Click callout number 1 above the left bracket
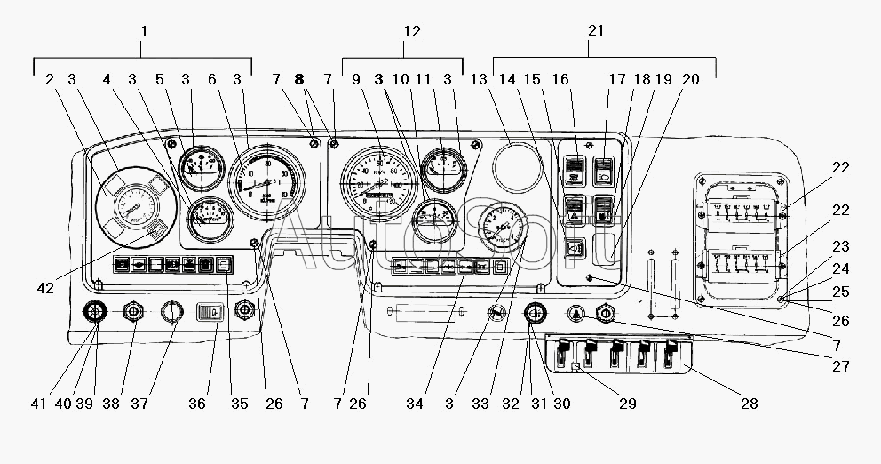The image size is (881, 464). tap(144, 30)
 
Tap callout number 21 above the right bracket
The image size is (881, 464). tap(596, 30)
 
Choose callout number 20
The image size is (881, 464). tap(690, 79)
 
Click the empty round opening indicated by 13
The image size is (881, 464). tap(518, 164)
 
